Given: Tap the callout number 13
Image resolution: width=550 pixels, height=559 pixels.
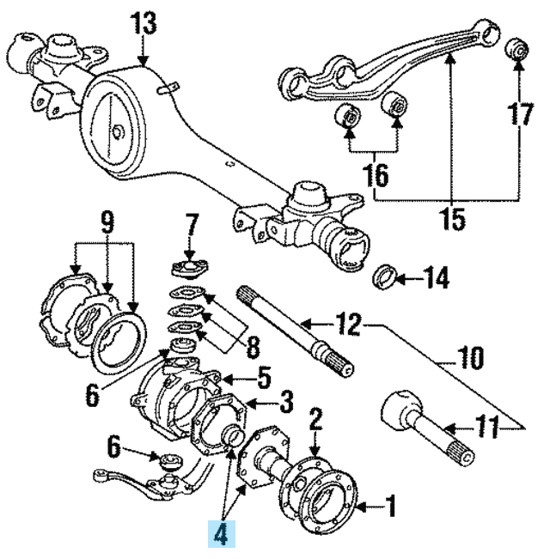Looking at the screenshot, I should (x=145, y=24).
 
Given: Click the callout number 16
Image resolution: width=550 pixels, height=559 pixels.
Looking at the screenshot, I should (x=376, y=176).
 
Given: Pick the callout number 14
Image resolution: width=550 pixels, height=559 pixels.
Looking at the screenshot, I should (x=436, y=279).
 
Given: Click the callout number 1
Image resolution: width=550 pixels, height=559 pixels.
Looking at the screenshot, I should (x=390, y=509).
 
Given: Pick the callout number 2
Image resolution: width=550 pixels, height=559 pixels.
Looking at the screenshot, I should (x=315, y=420).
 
